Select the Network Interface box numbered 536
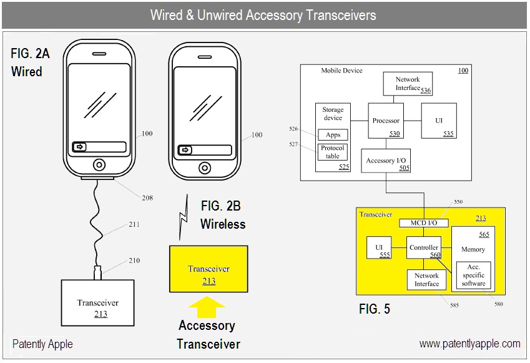(408, 84)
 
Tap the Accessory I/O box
(386, 161)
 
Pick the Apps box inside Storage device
(333, 135)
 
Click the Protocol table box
(333, 152)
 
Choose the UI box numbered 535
(439, 121)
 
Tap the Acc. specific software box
(473, 275)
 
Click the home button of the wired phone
(99, 165)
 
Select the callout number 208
(147, 198)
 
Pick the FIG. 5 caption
(375, 309)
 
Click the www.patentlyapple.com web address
(469, 344)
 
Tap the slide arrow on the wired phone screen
(80, 147)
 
